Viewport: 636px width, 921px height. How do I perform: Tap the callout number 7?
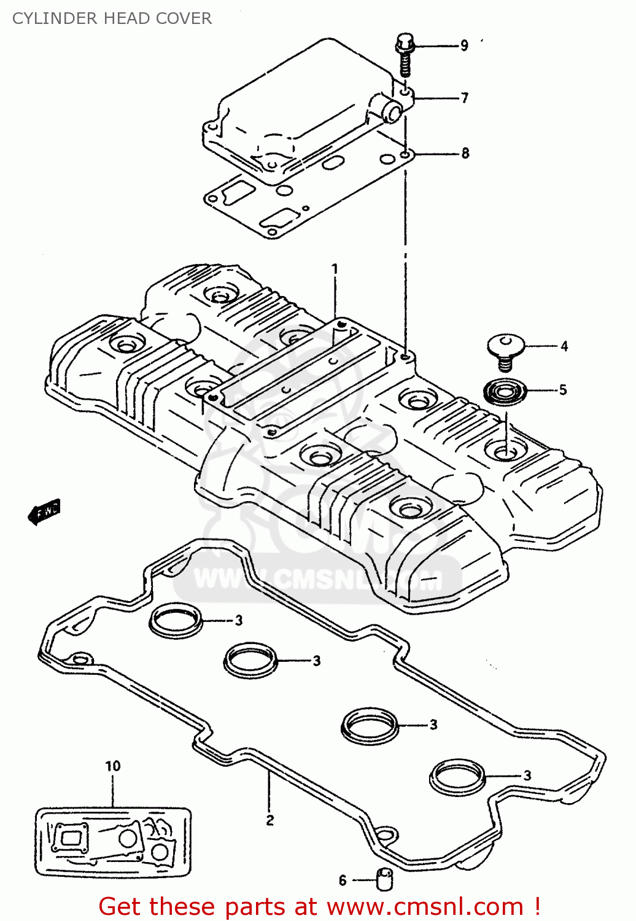click(x=465, y=98)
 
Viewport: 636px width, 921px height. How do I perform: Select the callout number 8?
click(x=465, y=153)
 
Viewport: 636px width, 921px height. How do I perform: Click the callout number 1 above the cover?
click(x=335, y=269)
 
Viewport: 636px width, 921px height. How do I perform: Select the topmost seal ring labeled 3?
click(x=176, y=621)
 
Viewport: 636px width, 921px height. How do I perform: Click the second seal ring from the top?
click(x=250, y=661)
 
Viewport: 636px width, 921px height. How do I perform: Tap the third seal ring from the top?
click(x=369, y=725)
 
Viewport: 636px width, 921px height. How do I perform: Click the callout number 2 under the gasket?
click(x=270, y=820)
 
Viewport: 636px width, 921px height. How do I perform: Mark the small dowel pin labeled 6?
click(x=384, y=879)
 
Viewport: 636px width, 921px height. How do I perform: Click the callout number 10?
click(x=113, y=766)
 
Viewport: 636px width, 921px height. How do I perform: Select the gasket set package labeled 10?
click(x=113, y=841)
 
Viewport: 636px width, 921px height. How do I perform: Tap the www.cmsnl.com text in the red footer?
click(x=424, y=907)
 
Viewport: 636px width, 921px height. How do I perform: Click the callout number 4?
click(x=564, y=346)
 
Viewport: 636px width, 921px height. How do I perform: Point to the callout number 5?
click(x=562, y=390)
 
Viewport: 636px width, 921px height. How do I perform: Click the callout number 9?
click(x=464, y=45)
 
